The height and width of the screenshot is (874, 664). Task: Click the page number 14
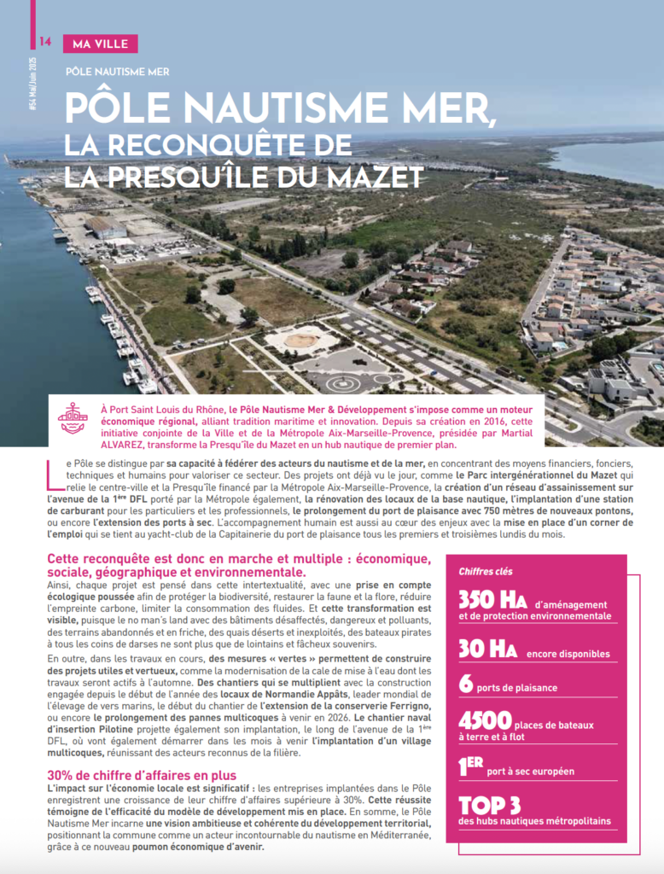(x=45, y=43)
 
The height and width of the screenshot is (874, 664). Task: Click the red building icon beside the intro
(x=73, y=418)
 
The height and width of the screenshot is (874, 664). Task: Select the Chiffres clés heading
(x=486, y=571)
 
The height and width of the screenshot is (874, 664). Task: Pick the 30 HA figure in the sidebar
(x=487, y=649)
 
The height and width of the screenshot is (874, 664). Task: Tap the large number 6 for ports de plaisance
(x=465, y=685)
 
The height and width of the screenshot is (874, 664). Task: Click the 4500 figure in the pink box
(x=485, y=721)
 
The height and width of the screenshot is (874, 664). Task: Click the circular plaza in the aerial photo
(x=299, y=340)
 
